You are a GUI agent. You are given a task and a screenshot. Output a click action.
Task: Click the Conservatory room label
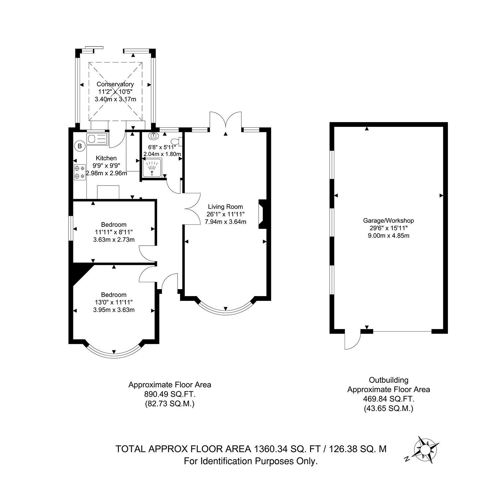[x=115, y=84]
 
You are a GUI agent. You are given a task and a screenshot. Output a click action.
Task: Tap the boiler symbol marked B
[x=79, y=145]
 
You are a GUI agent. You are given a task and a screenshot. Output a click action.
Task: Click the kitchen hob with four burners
[x=80, y=173]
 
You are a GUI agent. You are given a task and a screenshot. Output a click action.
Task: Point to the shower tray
[x=152, y=168]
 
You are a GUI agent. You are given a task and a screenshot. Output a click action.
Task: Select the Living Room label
[x=225, y=207]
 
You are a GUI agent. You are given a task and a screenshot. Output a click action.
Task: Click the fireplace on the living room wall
[x=262, y=214]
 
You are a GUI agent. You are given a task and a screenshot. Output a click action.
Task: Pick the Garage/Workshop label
[x=388, y=220]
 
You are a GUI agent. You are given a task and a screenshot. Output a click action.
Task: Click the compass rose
[x=424, y=450]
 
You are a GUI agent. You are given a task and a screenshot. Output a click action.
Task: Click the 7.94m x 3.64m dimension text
[x=225, y=222]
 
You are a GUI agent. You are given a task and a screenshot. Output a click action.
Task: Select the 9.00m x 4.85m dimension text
[x=388, y=236]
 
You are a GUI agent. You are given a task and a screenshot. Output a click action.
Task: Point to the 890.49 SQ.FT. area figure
[x=170, y=394]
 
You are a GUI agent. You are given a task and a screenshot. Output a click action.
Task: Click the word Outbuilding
[x=388, y=380]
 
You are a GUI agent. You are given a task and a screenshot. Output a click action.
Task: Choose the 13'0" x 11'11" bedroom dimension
[x=114, y=302]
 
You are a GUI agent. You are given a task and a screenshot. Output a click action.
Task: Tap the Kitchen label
[x=106, y=158]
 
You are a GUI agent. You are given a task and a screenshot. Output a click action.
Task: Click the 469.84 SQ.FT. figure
[x=388, y=399]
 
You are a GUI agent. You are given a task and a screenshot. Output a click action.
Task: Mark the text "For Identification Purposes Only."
[x=251, y=461]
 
